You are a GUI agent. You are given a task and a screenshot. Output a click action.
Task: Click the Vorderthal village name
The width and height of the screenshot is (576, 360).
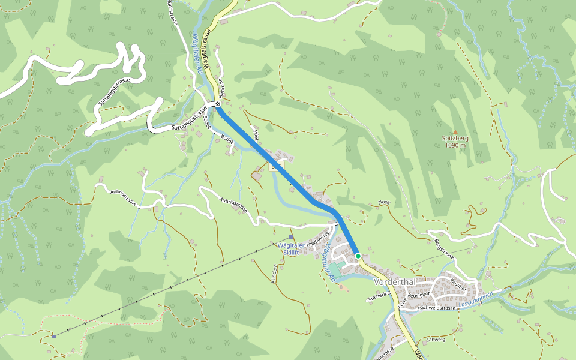(x=395, y=282)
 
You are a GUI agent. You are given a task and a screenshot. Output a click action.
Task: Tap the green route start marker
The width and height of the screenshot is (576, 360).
(x=358, y=256)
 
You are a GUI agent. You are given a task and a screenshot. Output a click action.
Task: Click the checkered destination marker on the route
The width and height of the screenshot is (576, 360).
(x=218, y=104)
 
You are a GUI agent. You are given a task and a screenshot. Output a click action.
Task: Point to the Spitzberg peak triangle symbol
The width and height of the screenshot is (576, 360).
(x=455, y=132)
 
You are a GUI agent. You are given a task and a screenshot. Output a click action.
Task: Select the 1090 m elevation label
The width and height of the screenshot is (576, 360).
(x=455, y=145)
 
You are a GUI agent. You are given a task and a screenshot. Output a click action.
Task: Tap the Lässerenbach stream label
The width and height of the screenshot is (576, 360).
(x=475, y=296)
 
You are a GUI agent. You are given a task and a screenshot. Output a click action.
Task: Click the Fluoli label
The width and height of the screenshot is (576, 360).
(x=384, y=202)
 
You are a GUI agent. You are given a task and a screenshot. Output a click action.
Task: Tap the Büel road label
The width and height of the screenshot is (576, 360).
(x=256, y=134)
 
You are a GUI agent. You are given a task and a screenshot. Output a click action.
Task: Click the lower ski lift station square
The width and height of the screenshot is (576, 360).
(x=54, y=336)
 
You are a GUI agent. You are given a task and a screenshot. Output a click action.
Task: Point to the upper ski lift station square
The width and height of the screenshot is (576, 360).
(x=291, y=238)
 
